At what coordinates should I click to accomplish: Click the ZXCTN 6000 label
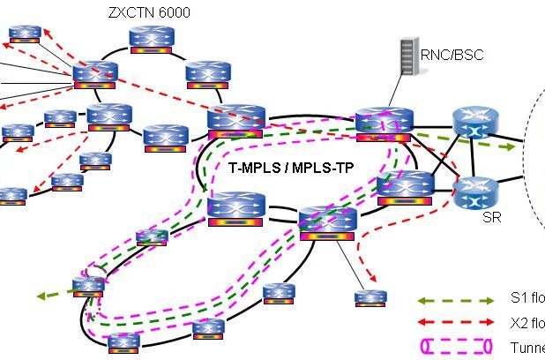coord(147,12)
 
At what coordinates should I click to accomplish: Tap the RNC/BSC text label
coord(452,54)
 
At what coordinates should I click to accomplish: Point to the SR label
coord(491,217)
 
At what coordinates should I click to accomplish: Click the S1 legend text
coord(526,300)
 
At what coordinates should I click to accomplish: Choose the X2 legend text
coord(526,323)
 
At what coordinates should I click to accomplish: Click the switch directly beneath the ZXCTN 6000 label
coord(154,39)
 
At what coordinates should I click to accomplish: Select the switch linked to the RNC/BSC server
coord(383,124)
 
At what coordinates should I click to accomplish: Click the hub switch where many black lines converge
coord(94,74)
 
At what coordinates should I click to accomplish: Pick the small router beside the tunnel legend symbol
coord(370,297)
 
